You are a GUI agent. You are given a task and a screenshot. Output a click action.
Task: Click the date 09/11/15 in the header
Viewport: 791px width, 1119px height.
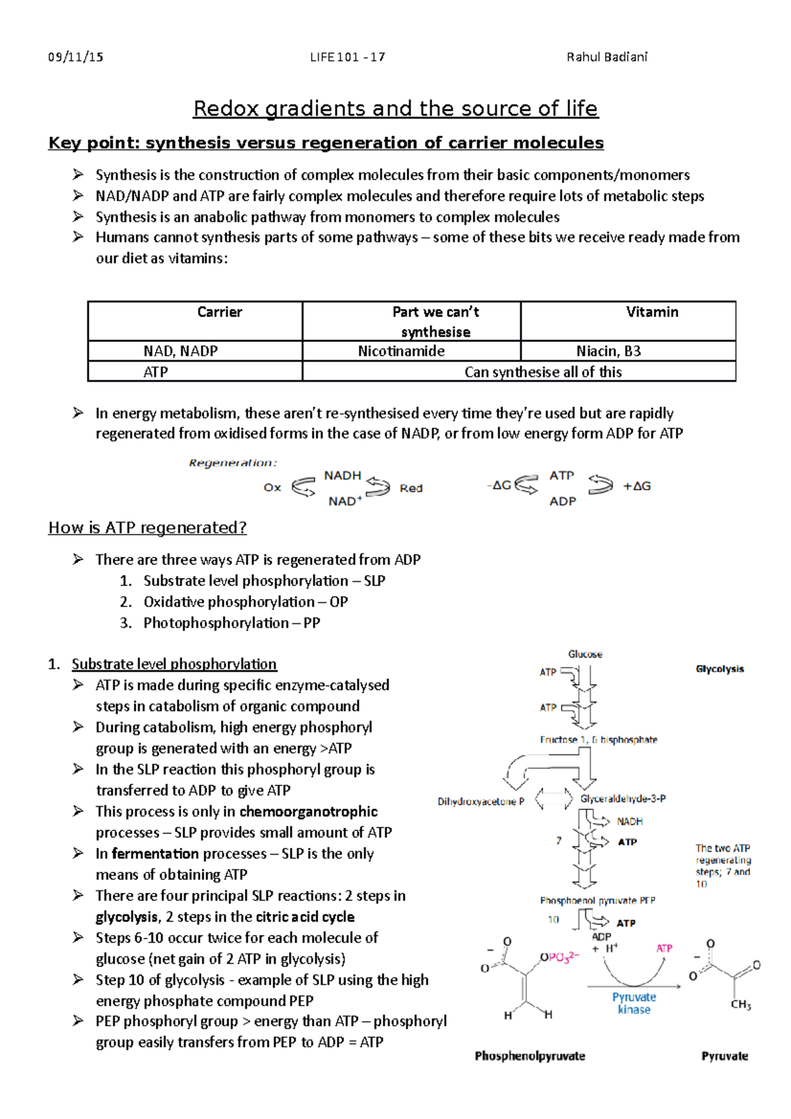[76, 57]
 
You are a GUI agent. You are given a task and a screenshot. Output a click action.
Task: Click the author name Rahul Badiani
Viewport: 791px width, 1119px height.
[606, 57]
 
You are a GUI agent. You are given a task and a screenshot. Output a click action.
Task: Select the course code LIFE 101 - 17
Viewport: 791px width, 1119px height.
[347, 57]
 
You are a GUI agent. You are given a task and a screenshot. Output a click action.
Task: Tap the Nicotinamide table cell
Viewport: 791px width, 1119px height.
[401, 351]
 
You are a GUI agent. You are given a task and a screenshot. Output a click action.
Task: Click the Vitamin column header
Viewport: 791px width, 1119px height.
[651, 312]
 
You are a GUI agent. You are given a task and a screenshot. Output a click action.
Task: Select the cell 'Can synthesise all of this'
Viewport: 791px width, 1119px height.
[542, 372]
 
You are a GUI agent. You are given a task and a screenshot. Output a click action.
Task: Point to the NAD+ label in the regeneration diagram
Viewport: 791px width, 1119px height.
[345, 502]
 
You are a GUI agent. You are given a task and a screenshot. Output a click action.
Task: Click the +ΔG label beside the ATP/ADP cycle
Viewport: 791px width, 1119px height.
[637, 486]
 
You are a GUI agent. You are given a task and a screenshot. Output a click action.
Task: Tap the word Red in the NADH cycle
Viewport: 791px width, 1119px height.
[411, 488]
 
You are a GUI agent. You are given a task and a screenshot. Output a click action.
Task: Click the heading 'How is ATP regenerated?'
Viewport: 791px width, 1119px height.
[148, 528]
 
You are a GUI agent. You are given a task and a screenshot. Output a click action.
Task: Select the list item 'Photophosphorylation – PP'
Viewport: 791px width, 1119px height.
[231, 623]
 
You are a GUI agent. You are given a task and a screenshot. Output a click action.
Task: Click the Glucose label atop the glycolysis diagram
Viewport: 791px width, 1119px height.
[585, 654]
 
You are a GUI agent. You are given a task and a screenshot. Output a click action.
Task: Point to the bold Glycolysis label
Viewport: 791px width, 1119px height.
[720, 669]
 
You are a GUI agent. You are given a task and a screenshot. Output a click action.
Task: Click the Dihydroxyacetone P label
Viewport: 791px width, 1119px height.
[481, 802]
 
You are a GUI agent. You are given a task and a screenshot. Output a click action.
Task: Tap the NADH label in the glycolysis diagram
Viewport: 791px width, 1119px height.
[630, 822]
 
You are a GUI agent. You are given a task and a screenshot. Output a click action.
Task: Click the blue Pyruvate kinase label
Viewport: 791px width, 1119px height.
[633, 1003]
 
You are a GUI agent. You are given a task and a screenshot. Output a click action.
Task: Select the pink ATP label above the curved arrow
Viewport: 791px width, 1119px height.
[664, 948]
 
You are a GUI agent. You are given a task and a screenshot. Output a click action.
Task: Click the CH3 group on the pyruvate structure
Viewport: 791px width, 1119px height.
[740, 1005]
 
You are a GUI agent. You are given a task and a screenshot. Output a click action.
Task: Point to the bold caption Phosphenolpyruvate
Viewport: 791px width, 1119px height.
[530, 1056]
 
